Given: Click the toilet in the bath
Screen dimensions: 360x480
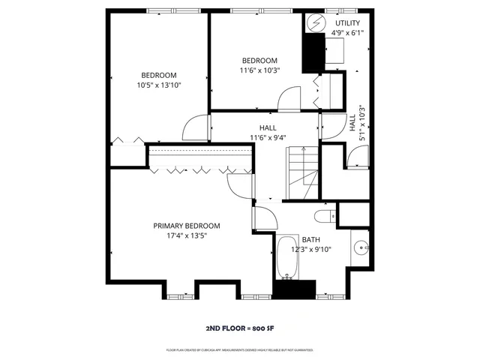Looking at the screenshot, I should coord(325,217).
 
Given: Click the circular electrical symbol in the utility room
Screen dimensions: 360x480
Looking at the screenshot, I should coord(314,22).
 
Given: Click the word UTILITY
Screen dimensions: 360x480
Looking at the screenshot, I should coord(348,24).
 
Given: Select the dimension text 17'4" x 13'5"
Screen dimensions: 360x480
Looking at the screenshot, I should coord(186,235).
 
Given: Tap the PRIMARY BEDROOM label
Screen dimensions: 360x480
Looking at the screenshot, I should coord(186,226).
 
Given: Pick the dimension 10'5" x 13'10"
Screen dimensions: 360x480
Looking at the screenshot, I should coord(159,85).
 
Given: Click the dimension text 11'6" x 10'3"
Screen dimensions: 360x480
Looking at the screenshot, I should coord(259,70).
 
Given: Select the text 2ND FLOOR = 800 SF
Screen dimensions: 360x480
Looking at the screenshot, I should coord(239,328).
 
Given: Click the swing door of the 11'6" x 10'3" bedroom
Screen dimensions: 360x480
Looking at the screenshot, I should coord(287,99).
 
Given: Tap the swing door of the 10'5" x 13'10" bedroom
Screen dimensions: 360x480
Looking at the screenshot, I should coord(196,127).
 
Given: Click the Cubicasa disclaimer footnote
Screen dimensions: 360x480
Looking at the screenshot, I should coord(239,350).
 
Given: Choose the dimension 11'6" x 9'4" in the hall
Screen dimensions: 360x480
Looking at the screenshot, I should coord(268,137).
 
